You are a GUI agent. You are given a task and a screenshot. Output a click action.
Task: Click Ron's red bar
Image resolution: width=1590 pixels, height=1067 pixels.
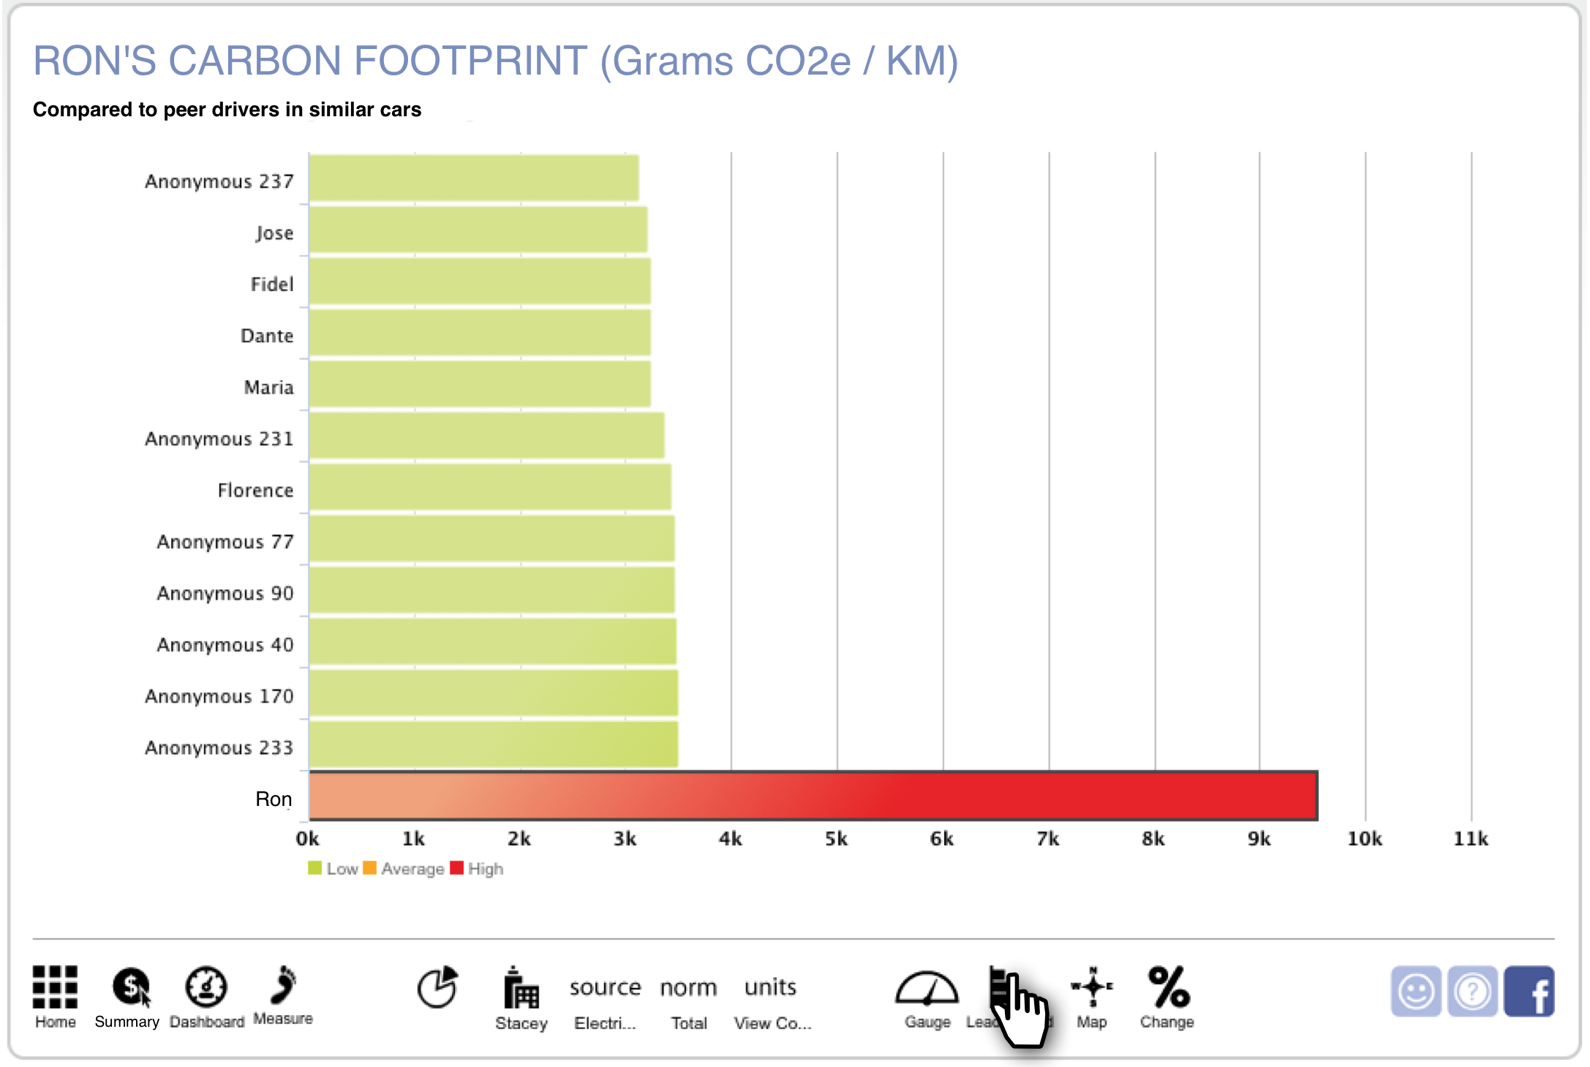812,796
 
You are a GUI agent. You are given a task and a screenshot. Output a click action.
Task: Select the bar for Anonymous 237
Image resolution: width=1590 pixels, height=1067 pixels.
473,178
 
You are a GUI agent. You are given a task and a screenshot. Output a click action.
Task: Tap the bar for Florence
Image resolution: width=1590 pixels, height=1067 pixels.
489,488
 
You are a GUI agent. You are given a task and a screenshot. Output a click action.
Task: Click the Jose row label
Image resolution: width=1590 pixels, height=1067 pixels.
274,233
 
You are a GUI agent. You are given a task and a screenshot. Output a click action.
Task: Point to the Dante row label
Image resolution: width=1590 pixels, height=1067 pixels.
267,336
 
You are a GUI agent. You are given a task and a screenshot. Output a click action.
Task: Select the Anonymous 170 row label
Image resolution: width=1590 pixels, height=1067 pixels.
219,696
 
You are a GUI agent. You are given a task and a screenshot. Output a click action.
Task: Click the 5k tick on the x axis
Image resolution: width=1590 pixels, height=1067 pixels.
836,839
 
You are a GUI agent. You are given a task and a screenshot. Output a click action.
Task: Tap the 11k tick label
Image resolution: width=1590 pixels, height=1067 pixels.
1470,839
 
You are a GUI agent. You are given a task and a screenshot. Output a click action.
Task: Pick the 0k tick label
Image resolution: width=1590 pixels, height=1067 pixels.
307,839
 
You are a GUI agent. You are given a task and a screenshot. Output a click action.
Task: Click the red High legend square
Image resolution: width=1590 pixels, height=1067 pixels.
457,868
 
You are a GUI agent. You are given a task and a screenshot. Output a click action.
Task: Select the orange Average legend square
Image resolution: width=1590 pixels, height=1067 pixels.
369,868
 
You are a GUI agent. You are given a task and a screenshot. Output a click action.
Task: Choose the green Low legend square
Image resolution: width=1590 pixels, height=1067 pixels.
315,868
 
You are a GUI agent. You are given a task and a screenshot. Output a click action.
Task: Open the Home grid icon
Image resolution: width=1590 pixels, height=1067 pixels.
55,987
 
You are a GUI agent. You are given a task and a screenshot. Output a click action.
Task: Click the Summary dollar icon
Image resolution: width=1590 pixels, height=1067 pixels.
131,987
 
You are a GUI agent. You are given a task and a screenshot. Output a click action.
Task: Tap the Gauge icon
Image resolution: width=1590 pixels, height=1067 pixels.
927,988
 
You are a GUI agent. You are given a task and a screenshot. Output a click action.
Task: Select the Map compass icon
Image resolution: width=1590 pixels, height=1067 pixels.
1092,987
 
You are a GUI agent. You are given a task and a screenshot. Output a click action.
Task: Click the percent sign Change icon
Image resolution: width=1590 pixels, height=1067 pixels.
1168,987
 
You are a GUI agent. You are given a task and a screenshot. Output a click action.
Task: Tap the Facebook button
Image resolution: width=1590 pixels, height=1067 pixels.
1529,992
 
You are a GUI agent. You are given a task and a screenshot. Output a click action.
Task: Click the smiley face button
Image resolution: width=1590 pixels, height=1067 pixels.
1416,992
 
